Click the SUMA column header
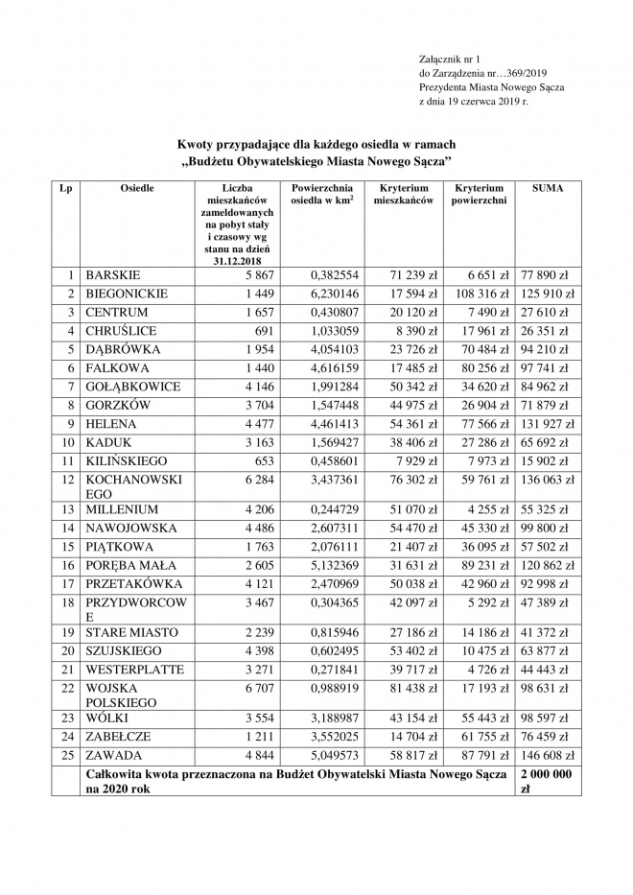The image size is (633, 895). click(548, 188)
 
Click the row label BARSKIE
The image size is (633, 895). click(112, 274)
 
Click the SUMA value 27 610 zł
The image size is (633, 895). click(548, 313)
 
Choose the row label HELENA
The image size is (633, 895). click(110, 424)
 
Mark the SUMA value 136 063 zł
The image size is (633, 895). click(545, 480)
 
